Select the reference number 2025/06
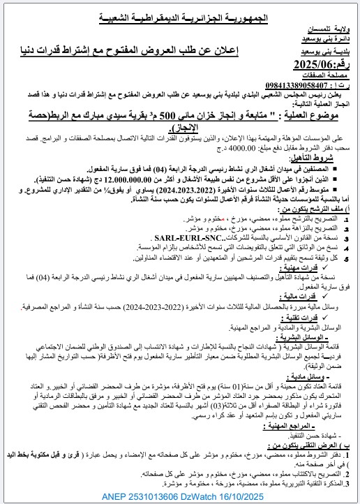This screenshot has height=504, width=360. pyautogui.click(x=320, y=65)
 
